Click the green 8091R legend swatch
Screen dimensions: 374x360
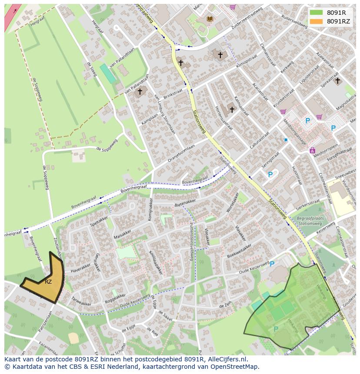316,13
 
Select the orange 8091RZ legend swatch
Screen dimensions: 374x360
316,21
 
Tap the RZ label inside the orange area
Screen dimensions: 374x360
48,282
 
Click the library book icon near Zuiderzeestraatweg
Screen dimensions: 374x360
210,19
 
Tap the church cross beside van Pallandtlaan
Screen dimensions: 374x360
140,92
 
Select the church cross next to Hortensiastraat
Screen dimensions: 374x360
232,109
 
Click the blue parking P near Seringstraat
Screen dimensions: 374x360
270,175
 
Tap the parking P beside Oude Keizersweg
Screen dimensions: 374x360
272,264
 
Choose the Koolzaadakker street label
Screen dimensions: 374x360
155,262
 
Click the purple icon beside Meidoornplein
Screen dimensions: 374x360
312,150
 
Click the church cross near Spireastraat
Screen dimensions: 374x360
337,80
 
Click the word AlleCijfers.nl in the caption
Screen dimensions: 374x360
227,359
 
